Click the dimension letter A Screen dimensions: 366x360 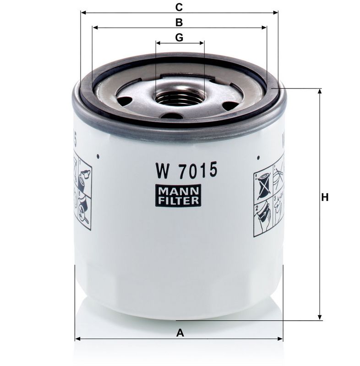coord(180,333)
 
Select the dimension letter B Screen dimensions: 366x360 coord(179,22)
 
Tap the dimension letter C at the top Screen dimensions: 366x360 coord(179,7)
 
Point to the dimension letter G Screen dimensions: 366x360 coord(179,38)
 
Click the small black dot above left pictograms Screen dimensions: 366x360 coord(98,156)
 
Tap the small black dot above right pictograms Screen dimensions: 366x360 coord(259,158)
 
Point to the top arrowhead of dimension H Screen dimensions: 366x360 coord(319,91)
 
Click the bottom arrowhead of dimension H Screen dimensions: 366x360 coord(319,317)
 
